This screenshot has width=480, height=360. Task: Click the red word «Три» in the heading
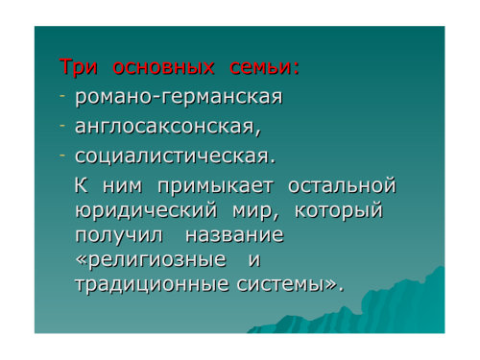tap(79, 67)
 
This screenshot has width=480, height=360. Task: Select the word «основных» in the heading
tap(163, 67)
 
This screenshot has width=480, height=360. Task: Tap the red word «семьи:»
tap(264, 67)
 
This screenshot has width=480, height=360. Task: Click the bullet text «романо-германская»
tap(179, 97)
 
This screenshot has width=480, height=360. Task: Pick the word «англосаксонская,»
tap(168, 127)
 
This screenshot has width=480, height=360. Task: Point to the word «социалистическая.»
tap(175, 156)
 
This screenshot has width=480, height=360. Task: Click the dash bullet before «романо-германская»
tap(62, 96)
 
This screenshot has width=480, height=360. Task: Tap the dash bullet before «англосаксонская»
tap(62, 126)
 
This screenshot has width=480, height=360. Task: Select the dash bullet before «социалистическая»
tap(62, 155)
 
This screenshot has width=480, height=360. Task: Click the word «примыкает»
tap(216, 186)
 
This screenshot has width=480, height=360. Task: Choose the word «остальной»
tap(342, 185)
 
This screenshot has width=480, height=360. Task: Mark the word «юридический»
tap(146, 211)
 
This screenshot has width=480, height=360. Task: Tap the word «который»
tap(339, 211)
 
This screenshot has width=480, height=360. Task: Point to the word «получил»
tap(119, 236)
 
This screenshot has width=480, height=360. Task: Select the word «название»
tap(234, 235)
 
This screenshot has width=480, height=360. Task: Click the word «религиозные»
tap(151, 260)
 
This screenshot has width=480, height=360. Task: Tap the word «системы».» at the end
tap(290, 284)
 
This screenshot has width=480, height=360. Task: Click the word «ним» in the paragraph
tap(123, 186)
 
